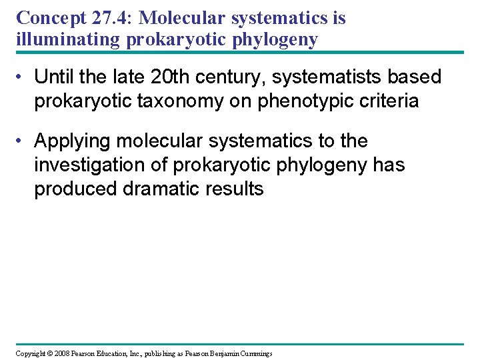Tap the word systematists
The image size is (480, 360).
click(325, 77)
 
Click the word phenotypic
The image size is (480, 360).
click(305, 101)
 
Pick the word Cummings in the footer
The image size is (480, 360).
click(254, 353)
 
